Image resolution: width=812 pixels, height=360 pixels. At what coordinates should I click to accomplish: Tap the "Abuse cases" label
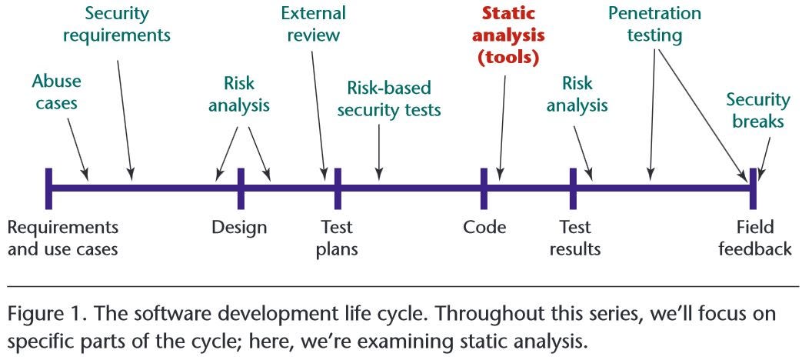[x=56, y=91]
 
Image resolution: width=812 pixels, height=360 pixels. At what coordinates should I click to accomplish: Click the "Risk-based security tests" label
[x=394, y=98]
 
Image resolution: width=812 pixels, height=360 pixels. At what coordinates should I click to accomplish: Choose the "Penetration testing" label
[x=654, y=24]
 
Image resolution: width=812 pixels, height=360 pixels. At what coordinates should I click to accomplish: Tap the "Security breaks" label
[x=758, y=112]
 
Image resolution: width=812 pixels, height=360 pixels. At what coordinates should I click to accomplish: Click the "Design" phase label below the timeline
[x=240, y=227]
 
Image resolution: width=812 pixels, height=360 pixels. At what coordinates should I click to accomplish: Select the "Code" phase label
[x=484, y=227]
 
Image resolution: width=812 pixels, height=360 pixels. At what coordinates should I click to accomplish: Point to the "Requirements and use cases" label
[x=63, y=238]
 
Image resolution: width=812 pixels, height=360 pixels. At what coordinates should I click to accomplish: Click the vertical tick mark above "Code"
[x=484, y=188]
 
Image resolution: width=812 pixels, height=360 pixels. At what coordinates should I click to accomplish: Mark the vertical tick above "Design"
[x=241, y=188]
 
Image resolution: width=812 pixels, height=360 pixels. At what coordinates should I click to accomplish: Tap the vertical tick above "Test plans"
[x=338, y=188]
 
